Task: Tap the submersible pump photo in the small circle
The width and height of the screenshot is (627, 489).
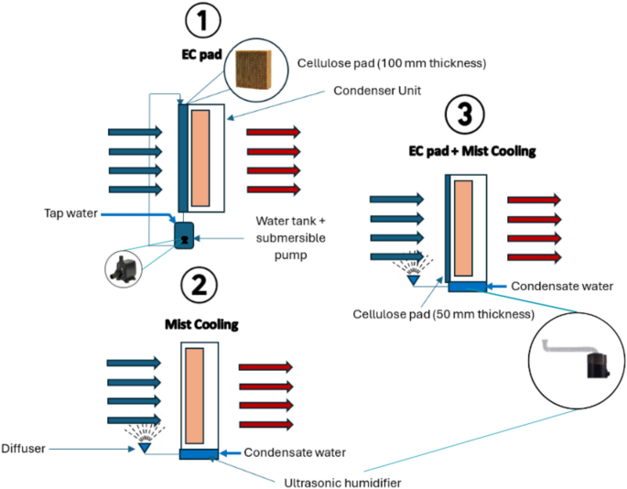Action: point(124,269)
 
